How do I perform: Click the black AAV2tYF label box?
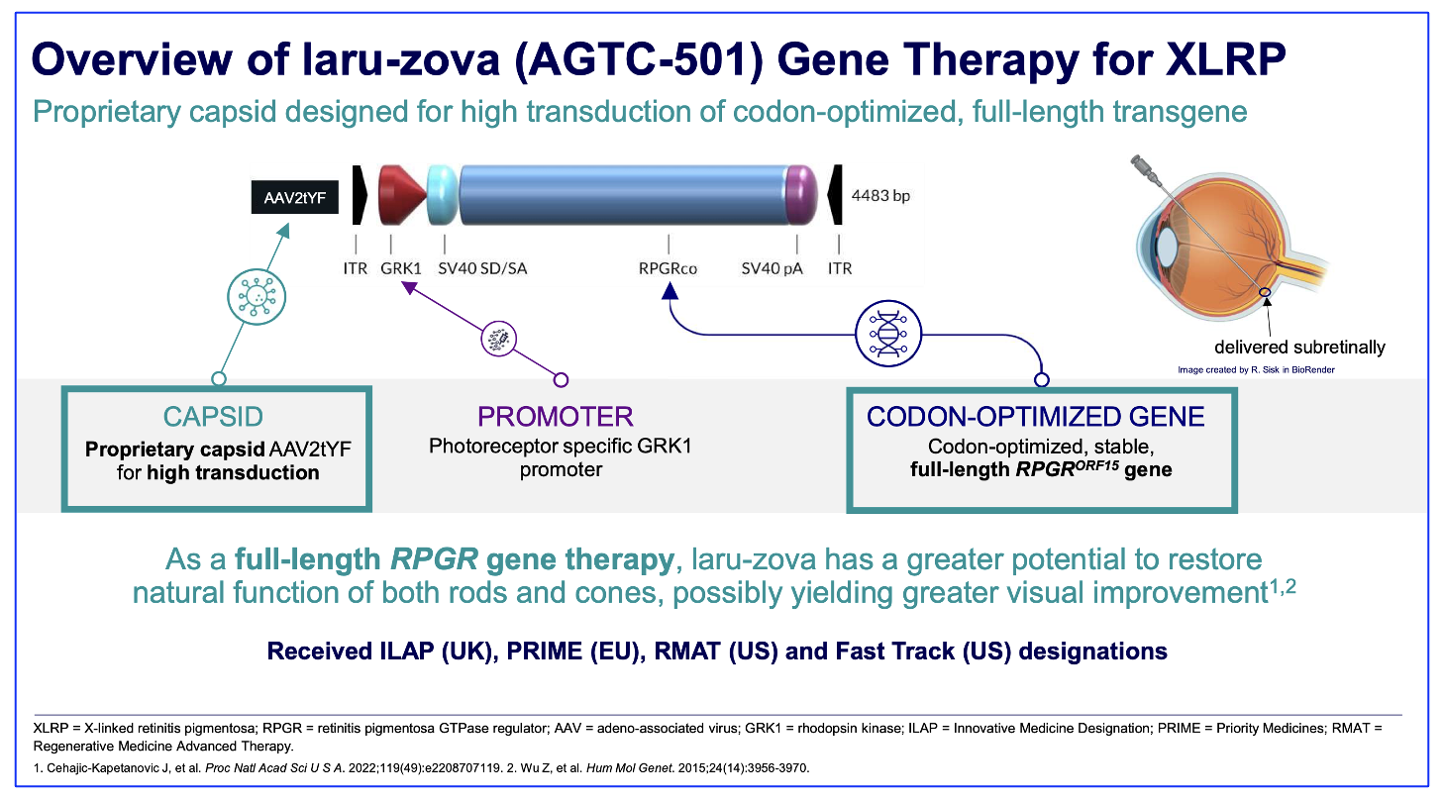[x=294, y=197]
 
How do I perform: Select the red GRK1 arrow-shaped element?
[x=402, y=195]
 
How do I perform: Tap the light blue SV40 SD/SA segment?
[x=443, y=195]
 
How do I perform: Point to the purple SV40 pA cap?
[x=802, y=195]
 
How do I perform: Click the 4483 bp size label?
[x=880, y=195]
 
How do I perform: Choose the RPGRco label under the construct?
[x=668, y=268]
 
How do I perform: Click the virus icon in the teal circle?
[x=257, y=297]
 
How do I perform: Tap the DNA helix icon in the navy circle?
[x=888, y=334]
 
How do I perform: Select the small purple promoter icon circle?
[x=498, y=339]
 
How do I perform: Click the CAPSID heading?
[x=213, y=417]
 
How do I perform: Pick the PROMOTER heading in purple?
[x=555, y=417]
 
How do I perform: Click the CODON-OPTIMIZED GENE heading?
[x=1035, y=417]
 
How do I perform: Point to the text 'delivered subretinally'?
[x=1299, y=348]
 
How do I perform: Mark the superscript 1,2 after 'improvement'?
[x=1283, y=587]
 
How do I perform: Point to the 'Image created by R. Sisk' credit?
[x=1256, y=370]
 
